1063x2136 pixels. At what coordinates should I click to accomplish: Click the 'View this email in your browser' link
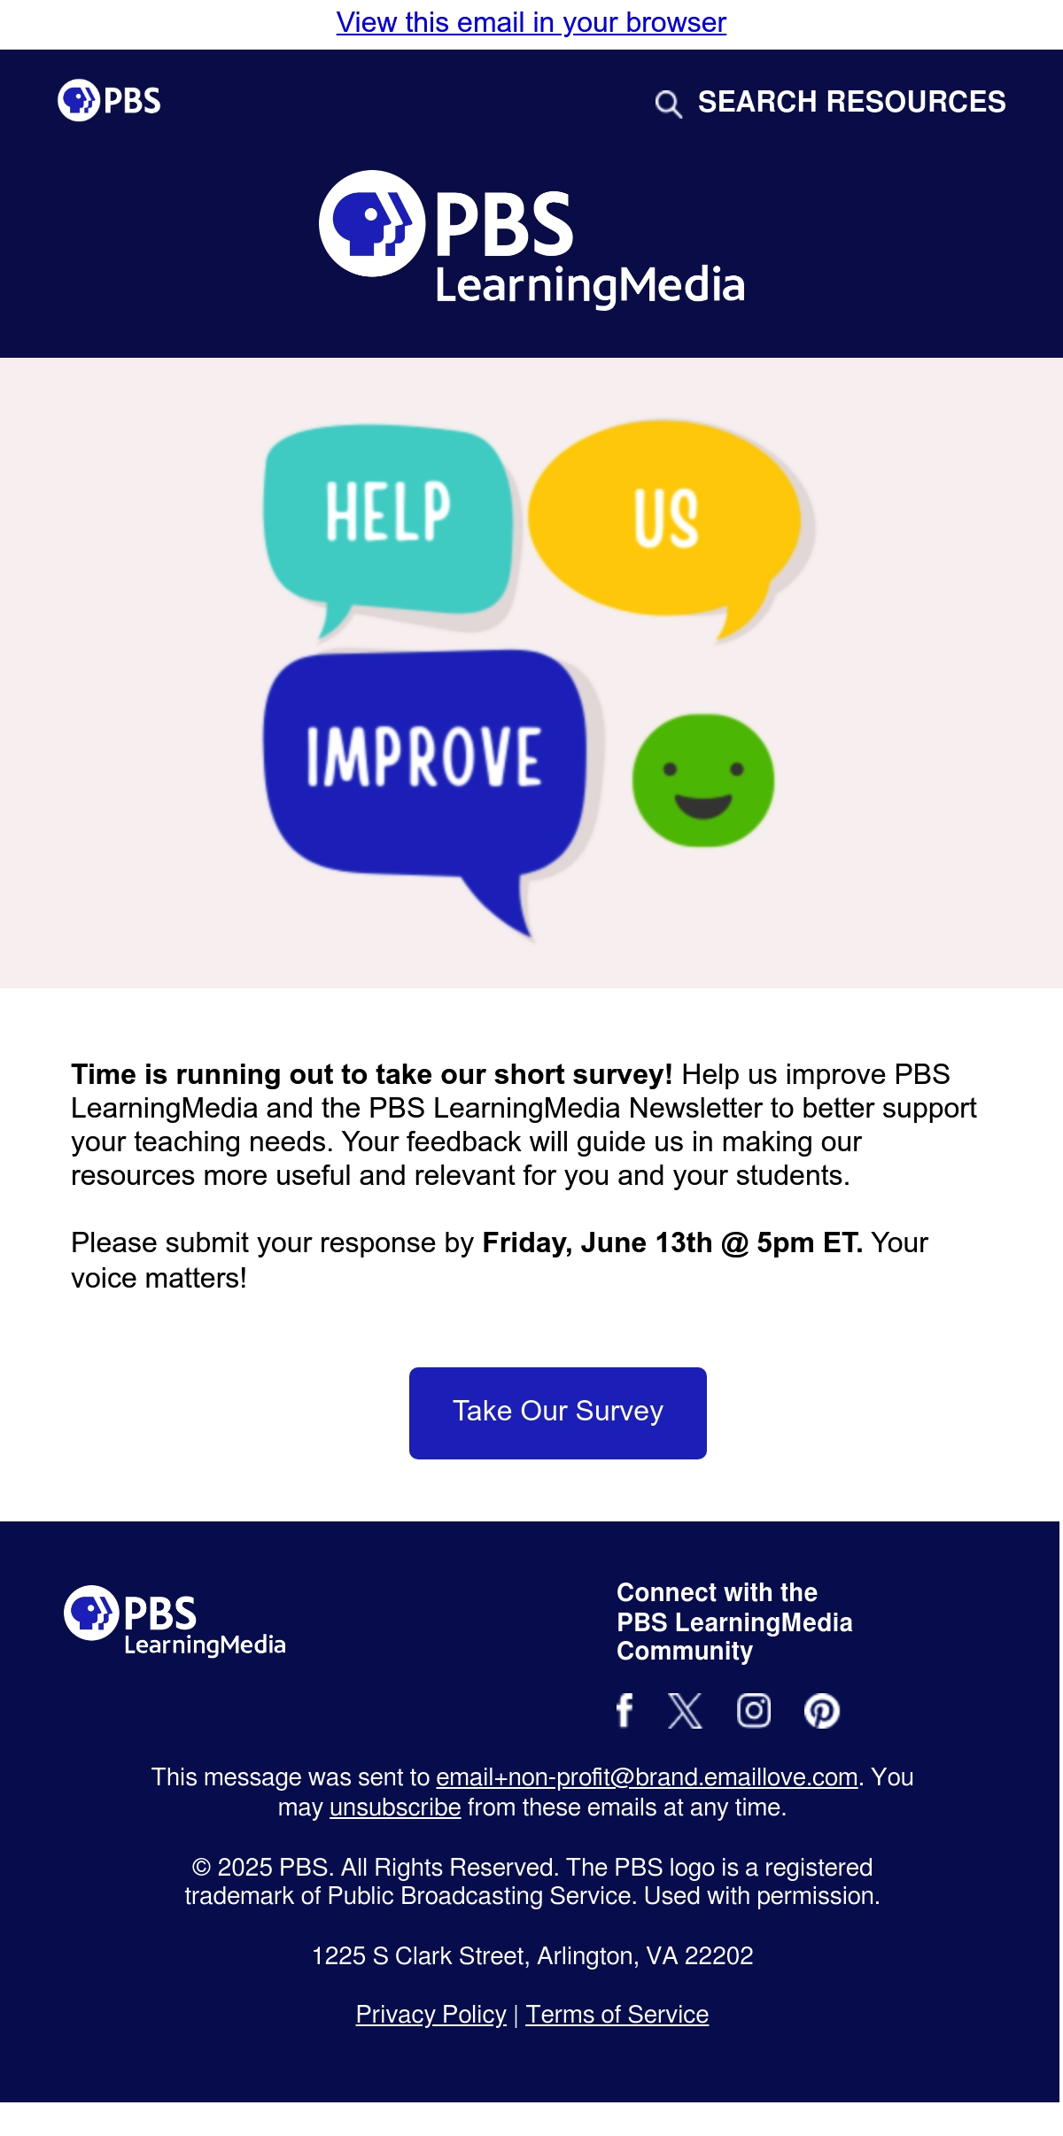[x=531, y=22]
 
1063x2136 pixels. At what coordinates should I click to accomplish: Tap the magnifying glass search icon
[x=668, y=104]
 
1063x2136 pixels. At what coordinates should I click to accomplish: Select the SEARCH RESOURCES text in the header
[x=851, y=102]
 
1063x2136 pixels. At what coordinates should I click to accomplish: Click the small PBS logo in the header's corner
[x=109, y=100]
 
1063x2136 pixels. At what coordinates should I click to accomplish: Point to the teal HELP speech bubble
[x=388, y=522]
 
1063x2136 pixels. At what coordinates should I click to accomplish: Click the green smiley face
[x=702, y=780]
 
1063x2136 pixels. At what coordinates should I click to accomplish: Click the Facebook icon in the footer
[x=625, y=1710]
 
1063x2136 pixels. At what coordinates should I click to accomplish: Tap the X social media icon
[x=685, y=1710]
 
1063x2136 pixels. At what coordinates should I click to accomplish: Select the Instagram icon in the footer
[x=754, y=1710]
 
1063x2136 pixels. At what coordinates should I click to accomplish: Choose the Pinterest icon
[x=822, y=1710]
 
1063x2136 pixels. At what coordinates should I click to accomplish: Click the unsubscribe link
[x=395, y=1807]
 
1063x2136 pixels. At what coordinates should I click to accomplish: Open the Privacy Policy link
[x=431, y=2015]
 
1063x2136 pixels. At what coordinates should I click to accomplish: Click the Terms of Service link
[x=617, y=2015]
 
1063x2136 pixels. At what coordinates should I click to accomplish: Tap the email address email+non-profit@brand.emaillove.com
[x=647, y=1777]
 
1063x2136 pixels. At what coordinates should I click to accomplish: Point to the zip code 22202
[x=719, y=1956]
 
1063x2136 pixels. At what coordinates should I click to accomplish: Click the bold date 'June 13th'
[x=647, y=1242]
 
